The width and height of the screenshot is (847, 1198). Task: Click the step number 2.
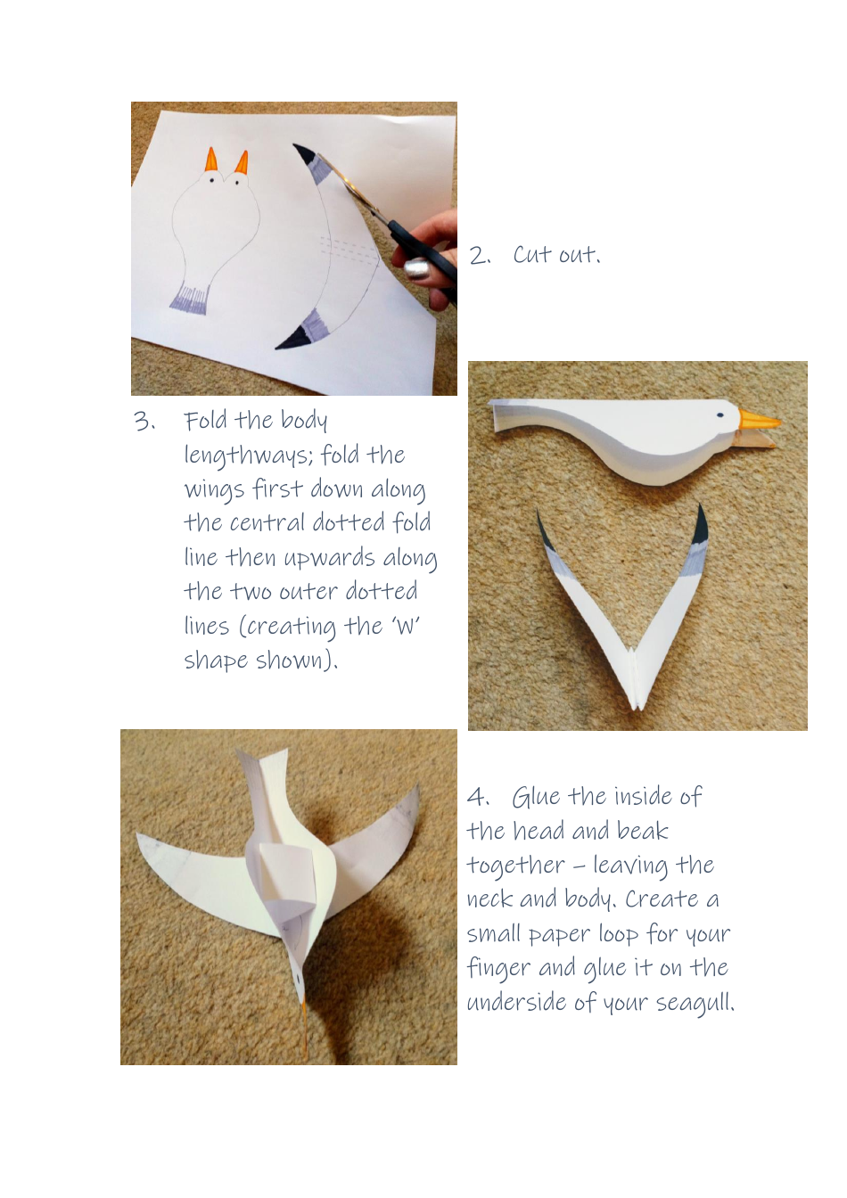tap(479, 256)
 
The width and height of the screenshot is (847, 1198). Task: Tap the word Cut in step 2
tap(532, 255)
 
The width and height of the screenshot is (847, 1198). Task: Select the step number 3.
tap(144, 421)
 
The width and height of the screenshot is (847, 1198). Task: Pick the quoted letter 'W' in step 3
tap(406, 627)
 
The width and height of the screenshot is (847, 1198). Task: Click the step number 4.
tap(478, 796)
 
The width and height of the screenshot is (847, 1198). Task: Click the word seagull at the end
tap(695, 1003)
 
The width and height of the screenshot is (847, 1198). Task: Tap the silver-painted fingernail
tap(417, 267)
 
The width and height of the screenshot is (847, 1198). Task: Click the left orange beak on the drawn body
tap(211, 160)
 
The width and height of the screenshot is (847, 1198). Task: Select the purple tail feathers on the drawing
tap(189, 299)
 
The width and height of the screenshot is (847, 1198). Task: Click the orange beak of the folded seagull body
tap(758, 420)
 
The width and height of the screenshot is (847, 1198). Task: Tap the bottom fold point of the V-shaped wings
tap(636, 704)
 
